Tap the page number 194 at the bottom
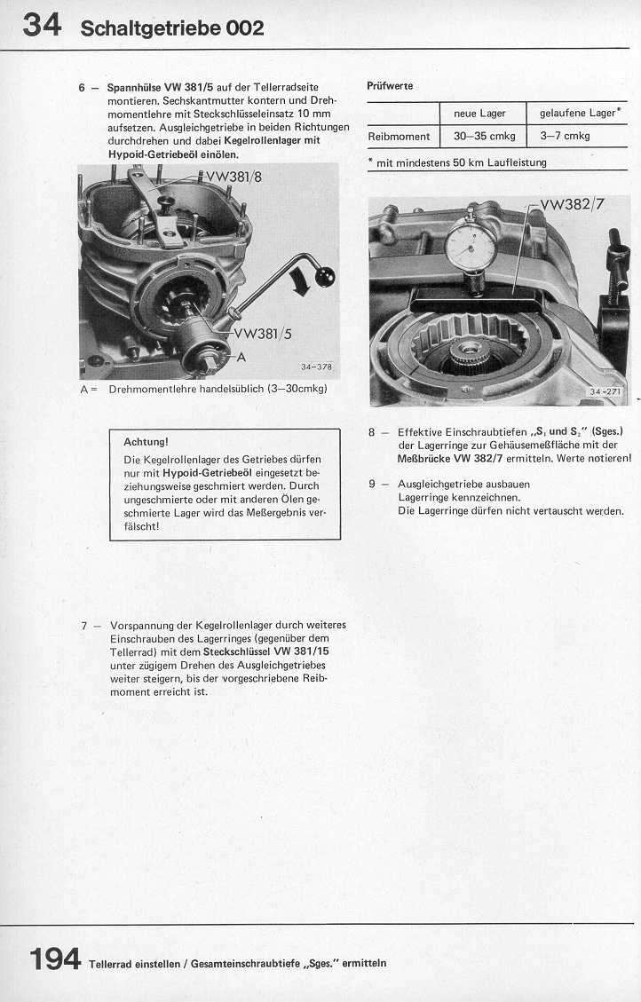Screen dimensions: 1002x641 (55, 959)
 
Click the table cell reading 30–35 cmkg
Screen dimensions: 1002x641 (484, 136)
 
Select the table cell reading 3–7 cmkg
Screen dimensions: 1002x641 (565, 136)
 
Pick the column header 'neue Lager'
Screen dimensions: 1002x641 (479, 113)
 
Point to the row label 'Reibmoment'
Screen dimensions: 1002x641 (400, 136)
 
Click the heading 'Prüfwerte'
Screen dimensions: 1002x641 (390, 86)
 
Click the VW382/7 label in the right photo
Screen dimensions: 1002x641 (571, 205)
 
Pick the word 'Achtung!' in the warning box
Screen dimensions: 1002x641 (146, 441)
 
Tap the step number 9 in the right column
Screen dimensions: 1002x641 (374, 485)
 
